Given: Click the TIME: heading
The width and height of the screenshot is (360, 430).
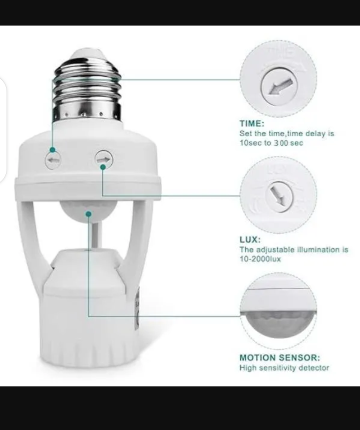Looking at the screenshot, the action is (x=252, y=124).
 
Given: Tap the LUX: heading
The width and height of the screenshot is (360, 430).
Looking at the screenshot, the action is (x=250, y=240).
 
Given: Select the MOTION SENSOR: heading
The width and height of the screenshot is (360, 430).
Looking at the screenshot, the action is (x=280, y=358).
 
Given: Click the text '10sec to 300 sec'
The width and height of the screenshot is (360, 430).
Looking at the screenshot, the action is (x=271, y=143).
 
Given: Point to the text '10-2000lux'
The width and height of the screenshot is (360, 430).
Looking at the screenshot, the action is (x=260, y=259).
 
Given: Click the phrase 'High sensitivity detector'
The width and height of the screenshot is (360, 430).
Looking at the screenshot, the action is (x=284, y=368).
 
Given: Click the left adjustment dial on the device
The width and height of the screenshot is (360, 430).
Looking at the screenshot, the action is (x=53, y=161).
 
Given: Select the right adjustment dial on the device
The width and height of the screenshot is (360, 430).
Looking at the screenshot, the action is (x=104, y=159).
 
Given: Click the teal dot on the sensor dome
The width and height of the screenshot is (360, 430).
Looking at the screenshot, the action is (x=89, y=213).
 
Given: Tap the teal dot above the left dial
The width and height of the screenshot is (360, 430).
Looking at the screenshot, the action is (x=53, y=150).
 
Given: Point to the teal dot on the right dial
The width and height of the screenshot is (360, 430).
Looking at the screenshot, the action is (x=103, y=167).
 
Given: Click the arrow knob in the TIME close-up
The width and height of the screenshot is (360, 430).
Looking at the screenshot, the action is (x=279, y=86).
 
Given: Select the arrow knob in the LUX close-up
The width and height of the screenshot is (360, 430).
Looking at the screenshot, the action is (x=279, y=195).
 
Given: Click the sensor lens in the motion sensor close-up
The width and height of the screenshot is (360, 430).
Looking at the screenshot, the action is (x=278, y=324).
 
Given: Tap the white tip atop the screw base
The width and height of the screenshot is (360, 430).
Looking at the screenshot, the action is (x=87, y=54).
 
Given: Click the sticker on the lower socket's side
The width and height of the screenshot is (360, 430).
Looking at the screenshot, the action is (x=137, y=307).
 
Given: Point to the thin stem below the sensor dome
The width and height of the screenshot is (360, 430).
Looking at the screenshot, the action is (x=96, y=235).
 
